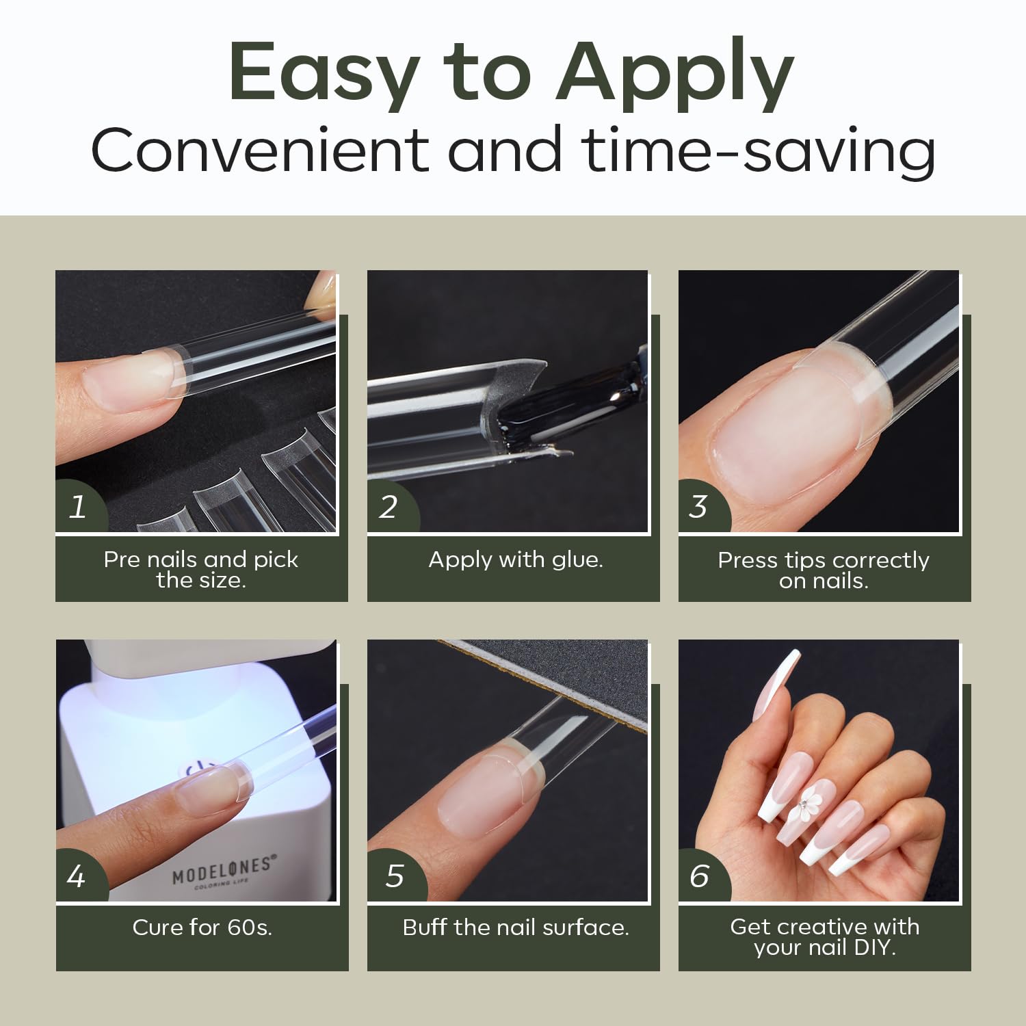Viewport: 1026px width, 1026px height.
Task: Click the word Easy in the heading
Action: coord(324,74)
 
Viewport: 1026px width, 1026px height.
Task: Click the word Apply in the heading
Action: coord(675,74)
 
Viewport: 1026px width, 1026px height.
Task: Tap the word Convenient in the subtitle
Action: coord(259,150)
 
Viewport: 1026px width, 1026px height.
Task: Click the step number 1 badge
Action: coord(79,507)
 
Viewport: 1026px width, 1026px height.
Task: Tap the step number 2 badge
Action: coord(390,507)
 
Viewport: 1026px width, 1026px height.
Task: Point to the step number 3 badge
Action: coord(700,507)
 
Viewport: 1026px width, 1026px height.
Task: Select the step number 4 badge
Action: coord(79,876)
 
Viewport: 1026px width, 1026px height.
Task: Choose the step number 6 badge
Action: coord(701,876)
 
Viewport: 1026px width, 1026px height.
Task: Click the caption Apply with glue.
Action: coord(516,561)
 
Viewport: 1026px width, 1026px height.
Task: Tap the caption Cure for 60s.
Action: coord(202,928)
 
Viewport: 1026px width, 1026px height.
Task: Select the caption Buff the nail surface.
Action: coord(516,928)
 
